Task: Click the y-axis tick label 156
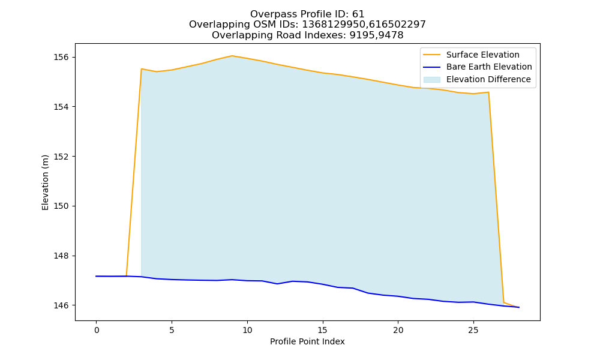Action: (61, 58)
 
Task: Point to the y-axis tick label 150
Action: (61, 206)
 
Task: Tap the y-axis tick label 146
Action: (61, 305)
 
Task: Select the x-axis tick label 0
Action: (97, 330)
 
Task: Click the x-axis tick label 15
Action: (323, 330)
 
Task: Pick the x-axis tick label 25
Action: (473, 330)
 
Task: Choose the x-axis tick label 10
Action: (247, 330)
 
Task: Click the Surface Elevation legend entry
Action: (471, 55)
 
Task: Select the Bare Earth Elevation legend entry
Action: (478, 67)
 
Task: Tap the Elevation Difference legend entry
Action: (477, 80)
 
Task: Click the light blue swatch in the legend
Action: (431, 80)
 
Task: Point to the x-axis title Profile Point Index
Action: (307, 341)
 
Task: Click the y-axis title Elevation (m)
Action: (45, 182)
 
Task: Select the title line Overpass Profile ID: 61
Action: (307, 14)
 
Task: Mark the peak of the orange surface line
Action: (232, 56)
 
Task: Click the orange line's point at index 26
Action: (488, 92)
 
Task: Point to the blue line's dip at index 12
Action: (277, 284)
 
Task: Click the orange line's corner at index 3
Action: (142, 69)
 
